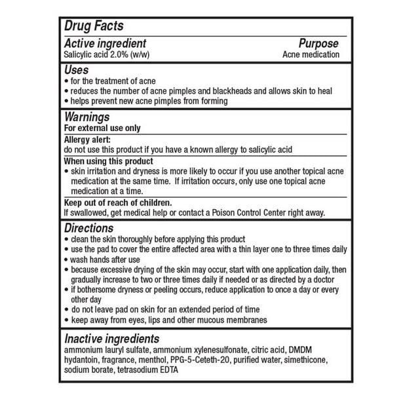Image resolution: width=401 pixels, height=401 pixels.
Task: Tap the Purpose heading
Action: tap(319, 44)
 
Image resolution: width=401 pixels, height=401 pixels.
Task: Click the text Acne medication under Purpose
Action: tap(311, 54)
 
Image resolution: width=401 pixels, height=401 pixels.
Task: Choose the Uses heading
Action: tap(77, 69)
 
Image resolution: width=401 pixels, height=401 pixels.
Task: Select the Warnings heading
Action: tap(90, 117)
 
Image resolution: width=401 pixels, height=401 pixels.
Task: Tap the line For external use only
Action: tap(102, 128)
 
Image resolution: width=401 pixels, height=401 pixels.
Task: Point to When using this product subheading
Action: tap(108, 161)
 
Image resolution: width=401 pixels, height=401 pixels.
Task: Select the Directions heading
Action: tap(89, 228)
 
